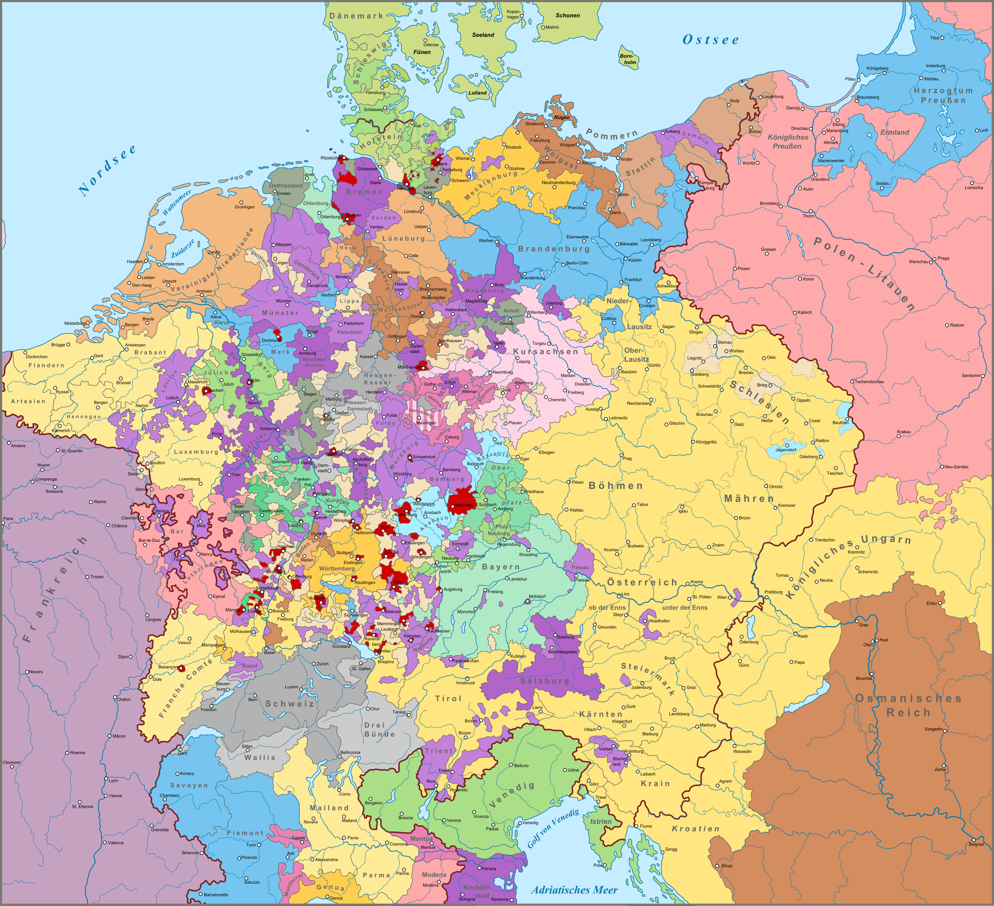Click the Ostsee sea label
pos(711,40)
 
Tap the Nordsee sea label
pos(107,170)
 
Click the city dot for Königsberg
pos(885,73)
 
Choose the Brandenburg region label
pos(554,249)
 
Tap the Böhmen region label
pos(616,486)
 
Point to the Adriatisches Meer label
pos(574,890)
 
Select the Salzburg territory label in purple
pos(545,681)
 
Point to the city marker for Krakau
pos(898,436)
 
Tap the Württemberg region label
pos(337,568)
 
